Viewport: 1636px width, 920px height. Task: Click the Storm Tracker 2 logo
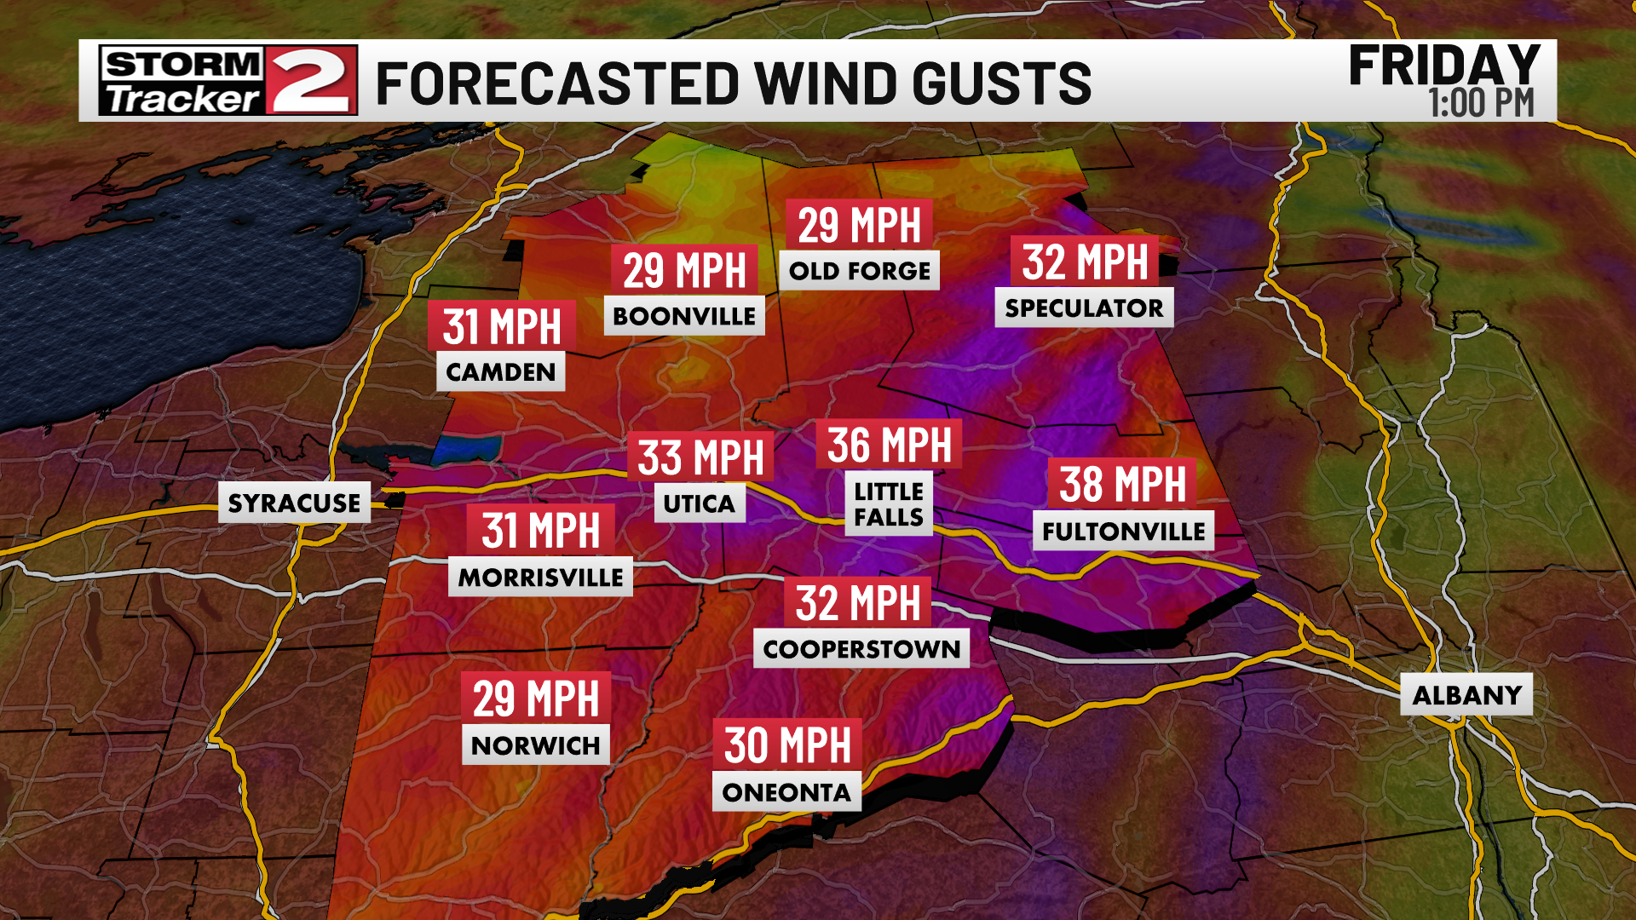pos(228,81)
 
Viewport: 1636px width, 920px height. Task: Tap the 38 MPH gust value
pos(1122,484)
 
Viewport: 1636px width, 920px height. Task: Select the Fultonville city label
pos(1123,532)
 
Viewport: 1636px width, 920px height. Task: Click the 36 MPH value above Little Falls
pos(889,445)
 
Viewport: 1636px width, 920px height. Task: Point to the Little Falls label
pos(889,504)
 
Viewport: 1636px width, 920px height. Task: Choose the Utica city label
pos(699,503)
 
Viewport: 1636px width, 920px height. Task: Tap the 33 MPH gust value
pos(700,457)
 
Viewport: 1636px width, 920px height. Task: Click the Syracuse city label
pos(294,503)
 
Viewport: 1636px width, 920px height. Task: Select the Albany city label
pos(1466,695)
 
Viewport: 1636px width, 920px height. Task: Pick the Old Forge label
pos(859,271)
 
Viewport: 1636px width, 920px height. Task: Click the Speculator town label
pos(1084,308)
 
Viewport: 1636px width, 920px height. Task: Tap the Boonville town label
pos(684,316)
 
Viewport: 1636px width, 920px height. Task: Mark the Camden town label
pos(501,372)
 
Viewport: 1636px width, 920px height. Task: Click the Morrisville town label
pos(540,578)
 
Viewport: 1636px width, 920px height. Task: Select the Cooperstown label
pos(861,649)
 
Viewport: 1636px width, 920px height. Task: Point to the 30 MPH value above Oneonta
pos(787,745)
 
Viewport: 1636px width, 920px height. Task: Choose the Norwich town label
pos(536,745)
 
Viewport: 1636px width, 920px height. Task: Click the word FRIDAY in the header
pos(1444,66)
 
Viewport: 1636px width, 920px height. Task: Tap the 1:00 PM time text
pos(1481,104)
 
